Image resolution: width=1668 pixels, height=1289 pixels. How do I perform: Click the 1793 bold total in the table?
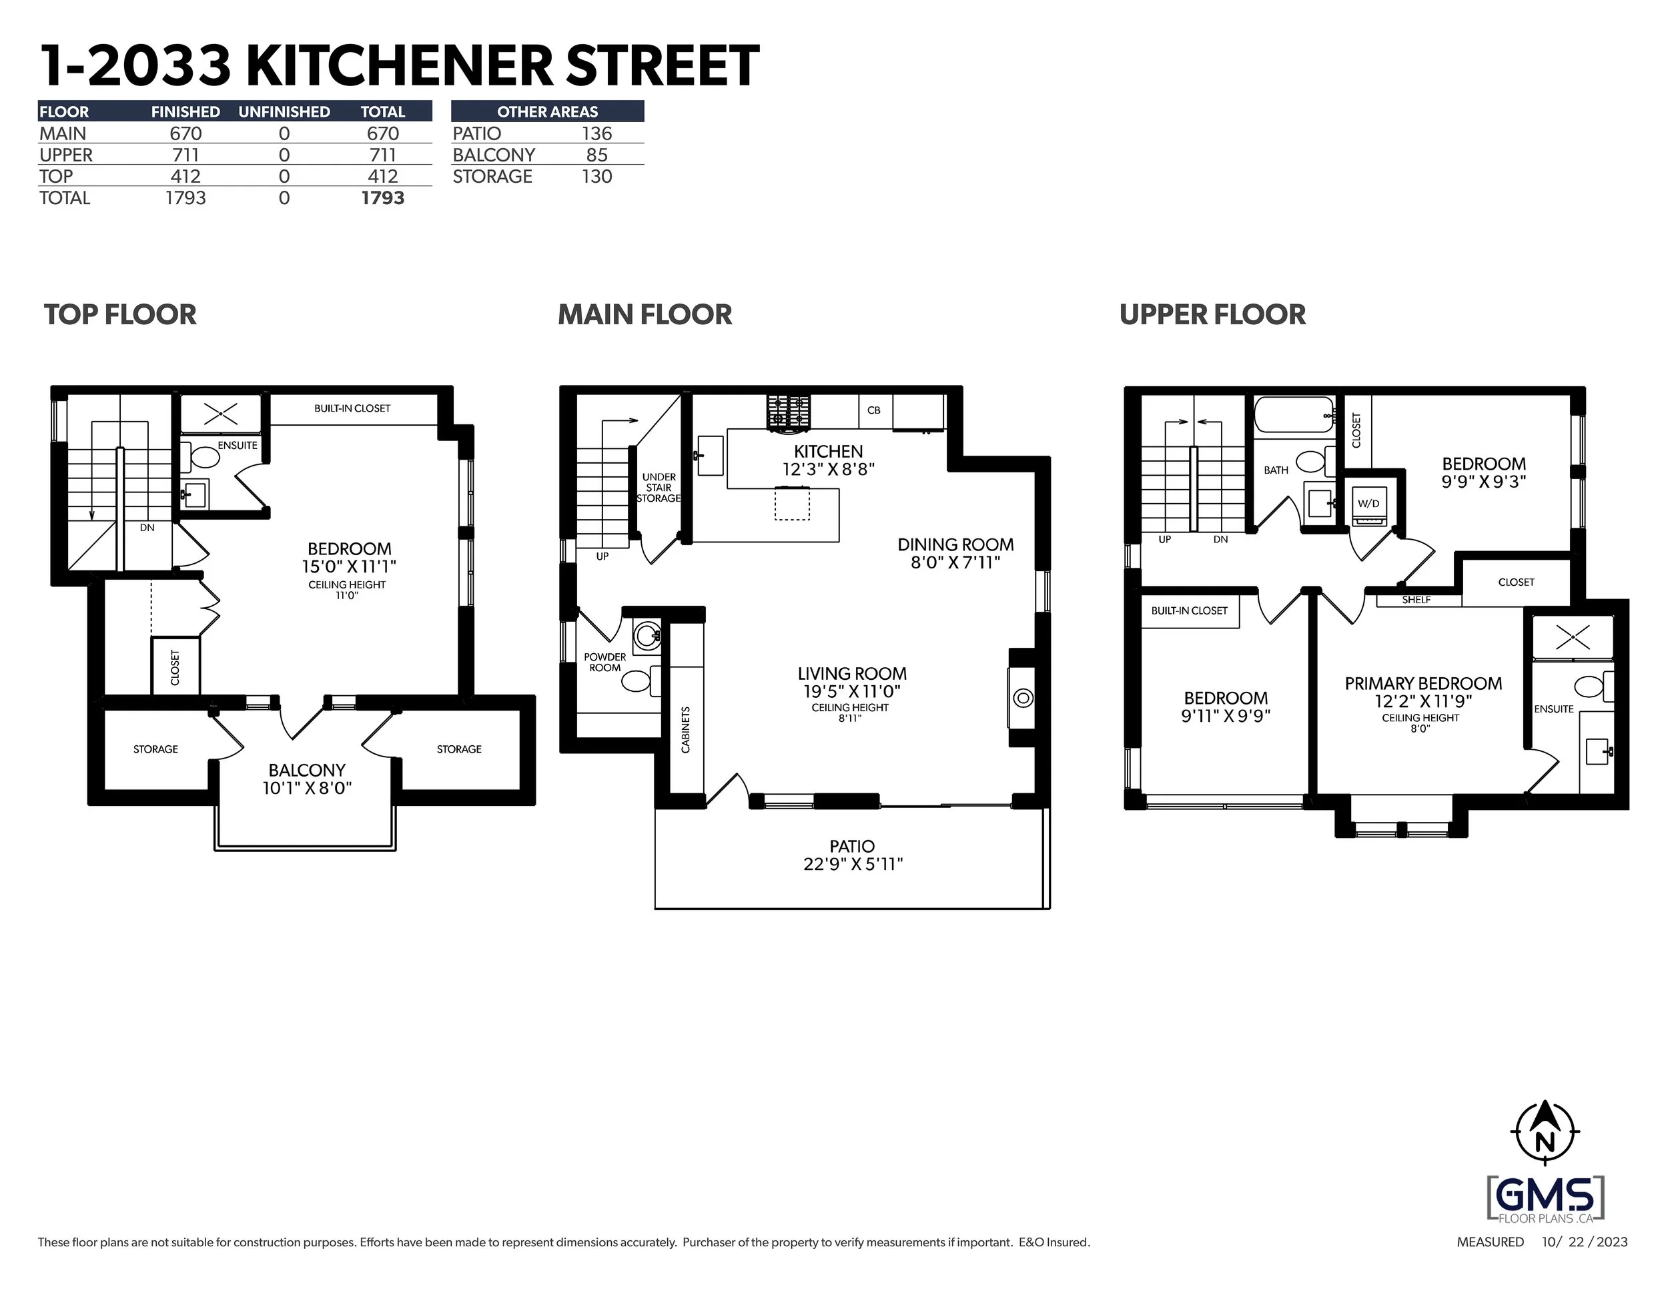(382, 197)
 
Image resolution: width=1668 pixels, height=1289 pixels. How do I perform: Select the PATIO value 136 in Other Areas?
(596, 133)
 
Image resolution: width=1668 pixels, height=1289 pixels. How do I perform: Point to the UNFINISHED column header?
(284, 111)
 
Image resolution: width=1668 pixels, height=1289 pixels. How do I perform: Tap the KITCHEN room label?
(828, 451)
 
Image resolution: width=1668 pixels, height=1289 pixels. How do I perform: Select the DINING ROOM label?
(955, 544)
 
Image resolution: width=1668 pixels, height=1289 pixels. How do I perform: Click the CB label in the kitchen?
(874, 410)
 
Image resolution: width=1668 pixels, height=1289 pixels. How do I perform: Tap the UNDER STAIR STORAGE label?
(659, 488)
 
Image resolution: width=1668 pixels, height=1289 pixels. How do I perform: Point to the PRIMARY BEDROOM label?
(1423, 683)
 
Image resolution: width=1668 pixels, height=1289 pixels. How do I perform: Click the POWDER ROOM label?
(605, 662)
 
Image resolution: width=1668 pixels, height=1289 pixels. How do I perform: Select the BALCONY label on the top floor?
(307, 770)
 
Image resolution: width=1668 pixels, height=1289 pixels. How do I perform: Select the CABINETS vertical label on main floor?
(685, 730)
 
